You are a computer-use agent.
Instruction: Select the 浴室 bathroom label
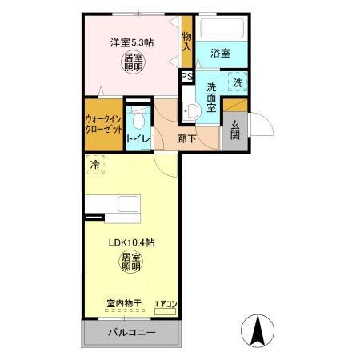(x=221, y=53)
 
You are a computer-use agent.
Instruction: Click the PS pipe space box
(x=186, y=77)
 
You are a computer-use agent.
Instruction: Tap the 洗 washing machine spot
(x=237, y=82)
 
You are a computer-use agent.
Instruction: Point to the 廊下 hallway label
(x=186, y=138)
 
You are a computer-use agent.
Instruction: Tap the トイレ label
(x=138, y=138)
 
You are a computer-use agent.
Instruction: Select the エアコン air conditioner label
(x=166, y=304)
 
